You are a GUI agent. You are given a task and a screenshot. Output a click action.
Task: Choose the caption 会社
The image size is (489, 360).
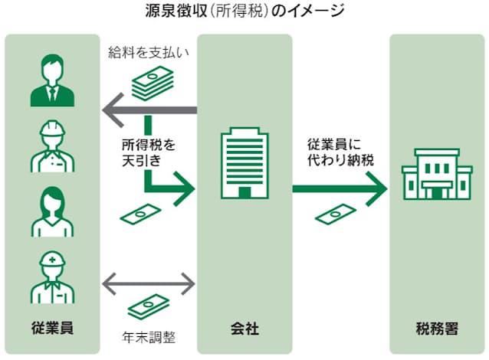click(244, 329)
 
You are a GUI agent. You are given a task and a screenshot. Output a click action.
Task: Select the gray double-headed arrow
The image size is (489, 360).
click(149, 283)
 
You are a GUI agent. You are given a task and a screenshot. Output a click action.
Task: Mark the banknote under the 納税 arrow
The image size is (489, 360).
click(336, 215)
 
